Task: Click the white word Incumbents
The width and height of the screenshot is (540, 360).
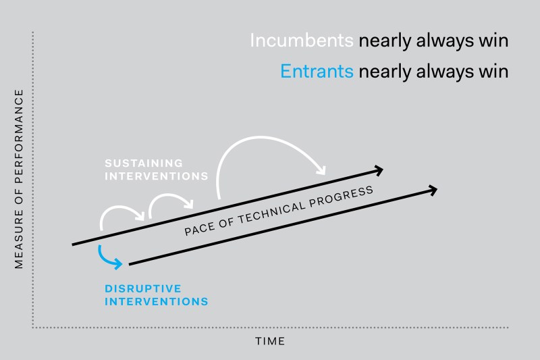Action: tap(302, 41)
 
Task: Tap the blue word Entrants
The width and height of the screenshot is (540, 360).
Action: tap(317, 72)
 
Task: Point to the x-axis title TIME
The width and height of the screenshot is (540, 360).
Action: tap(270, 341)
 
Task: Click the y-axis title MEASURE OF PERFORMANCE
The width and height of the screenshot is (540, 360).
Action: tap(19, 179)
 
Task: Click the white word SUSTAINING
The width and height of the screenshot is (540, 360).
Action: tap(144, 163)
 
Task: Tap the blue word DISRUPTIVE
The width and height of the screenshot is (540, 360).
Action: tap(143, 288)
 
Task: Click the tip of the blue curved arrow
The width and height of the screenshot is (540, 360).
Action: tap(122, 265)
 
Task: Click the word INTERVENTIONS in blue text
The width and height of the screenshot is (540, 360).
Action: tap(157, 301)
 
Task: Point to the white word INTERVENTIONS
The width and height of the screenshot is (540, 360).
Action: tap(157, 176)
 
